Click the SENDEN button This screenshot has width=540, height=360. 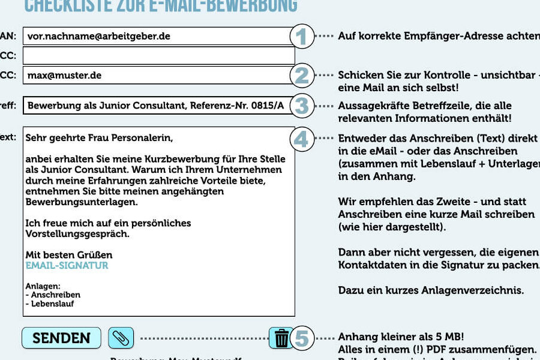(x=61, y=338)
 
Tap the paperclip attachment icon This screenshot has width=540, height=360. (x=121, y=338)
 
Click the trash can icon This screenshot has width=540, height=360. (x=281, y=338)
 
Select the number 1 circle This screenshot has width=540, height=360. (x=302, y=37)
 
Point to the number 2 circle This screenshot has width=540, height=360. (x=302, y=76)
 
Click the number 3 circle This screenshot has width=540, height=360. (x=302, y=106)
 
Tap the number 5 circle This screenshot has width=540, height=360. (x=302, y=338)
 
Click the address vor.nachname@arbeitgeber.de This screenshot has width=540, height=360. (x=99, y=36)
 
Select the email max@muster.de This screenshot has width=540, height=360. (x=64, y=76)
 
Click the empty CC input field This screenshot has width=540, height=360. (x=159, y=56)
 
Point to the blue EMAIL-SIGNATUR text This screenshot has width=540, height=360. (x=67, y=265)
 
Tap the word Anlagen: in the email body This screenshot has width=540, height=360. (x=43, y=287)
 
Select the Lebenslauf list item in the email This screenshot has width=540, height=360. (x=52, y=304)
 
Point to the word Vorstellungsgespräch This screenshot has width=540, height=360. (x=77, y=234)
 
